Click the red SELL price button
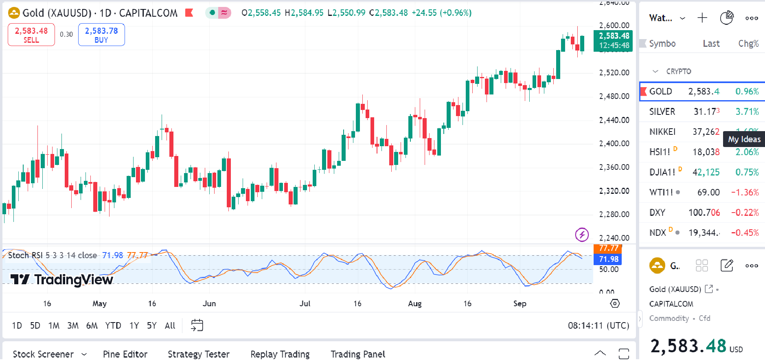coord(31,35)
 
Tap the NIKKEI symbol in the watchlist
coord(662,132)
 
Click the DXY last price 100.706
coord(704,213)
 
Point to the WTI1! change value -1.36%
coord(745,192)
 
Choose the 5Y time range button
coord(151,325)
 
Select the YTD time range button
coord(113,325)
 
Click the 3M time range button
coord(73,325)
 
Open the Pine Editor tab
coord(125,354)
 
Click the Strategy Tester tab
coord(198,354)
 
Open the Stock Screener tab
coord(44,354)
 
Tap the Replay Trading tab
coord(280,354)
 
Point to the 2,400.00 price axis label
coord(614,143)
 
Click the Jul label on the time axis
coord(305,303)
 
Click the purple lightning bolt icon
coord(582,235)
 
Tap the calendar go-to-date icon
coord(197,325)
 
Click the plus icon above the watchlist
coord(702,18)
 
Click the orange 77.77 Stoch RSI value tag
coord(608,248)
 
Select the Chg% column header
coord(748,44)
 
